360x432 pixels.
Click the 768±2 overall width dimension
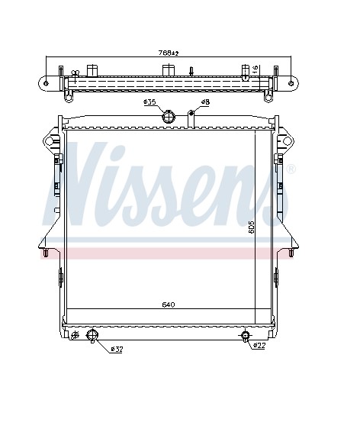point(169,53)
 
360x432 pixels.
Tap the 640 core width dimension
point(169,305)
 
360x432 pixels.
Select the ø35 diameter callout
point(149,102)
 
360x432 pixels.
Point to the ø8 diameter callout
point(205,102)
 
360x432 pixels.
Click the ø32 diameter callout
point(117,350)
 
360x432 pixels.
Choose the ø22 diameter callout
point(259,346)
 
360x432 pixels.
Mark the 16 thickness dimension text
point(255,69)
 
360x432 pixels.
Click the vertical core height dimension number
point(251,227)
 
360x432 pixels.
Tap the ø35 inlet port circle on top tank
point(168,117)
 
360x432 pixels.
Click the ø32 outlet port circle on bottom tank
point(92,335)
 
